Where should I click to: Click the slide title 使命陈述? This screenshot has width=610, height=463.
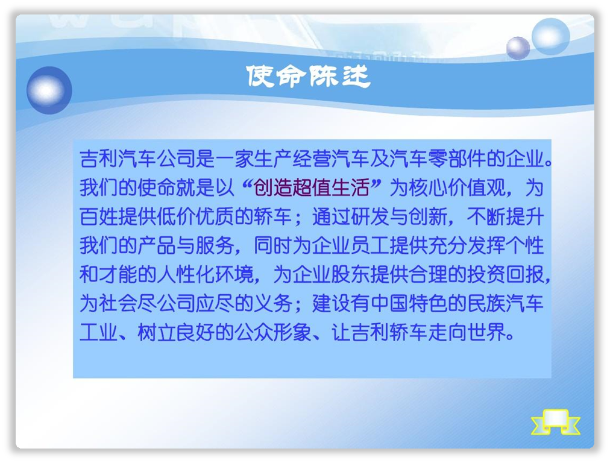pyautogui.click(x=308, y=76)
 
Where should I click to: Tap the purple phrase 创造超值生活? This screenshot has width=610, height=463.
pyautogui.click(x=311, y=187)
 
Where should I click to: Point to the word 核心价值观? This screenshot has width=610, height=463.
pyautogui.click(x=457, y=187)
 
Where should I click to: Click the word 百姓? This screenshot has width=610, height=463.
pyautogui.click(x=99, y=216)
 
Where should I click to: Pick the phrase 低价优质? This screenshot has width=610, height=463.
pyautogui.click(x=196, y=216)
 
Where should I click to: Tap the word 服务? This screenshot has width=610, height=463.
pyautogui.click(x=215, y=245)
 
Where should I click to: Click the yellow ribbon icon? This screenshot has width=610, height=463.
pyautogui.click(x=555, y=422)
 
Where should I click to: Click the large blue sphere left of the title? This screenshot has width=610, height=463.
pyautogui.click(x=49, y=90)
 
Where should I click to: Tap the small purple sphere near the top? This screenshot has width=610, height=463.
pyautogui.click(x=518, y=48)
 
